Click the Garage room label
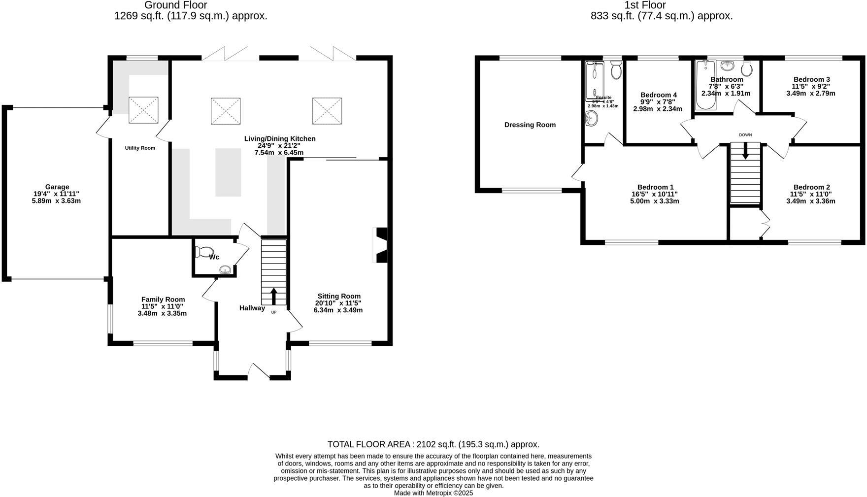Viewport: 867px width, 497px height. (x=57, y=187)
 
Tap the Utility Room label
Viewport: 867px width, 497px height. (x=140, y=148)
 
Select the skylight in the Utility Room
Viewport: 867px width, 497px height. (x=143, y=110)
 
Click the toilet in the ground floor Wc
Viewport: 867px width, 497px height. (x=202, y=252)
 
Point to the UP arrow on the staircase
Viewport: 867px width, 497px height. (x=273, y=296)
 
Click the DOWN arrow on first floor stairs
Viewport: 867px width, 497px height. (x=745, y=150)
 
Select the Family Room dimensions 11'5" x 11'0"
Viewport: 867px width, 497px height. (x=162, y=306)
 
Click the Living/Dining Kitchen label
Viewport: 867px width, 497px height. (x=280, y=139)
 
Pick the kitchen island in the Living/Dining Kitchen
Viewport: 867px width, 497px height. (x=228, y=172)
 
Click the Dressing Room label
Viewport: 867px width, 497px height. (x=530, y=125)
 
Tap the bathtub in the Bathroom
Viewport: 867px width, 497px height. (x=705, y=85)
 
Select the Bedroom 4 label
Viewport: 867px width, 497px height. (x=659, y=95)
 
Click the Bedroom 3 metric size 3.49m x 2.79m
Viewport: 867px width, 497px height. (x=811, y=93)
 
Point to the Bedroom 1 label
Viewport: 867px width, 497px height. (x=655, y=187)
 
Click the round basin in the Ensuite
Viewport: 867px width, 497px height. (x=592, y=118)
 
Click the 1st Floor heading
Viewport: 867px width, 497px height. (x=645, y=5)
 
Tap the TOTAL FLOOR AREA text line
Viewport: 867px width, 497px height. (x=433, y=444)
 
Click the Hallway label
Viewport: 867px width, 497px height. (x=252, y=308)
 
